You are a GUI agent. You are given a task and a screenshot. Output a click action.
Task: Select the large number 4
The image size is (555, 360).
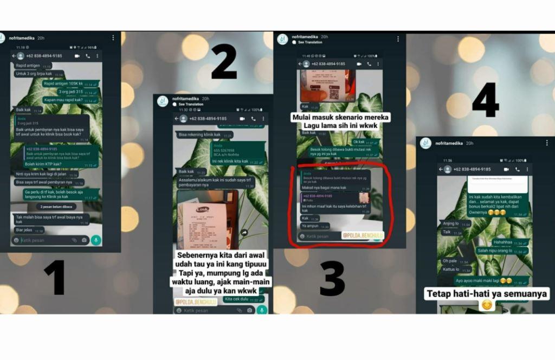pyautogui.click(x=485, y=99)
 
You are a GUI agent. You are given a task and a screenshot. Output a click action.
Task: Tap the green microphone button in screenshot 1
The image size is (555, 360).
pyautogui.click(x=96, y=240)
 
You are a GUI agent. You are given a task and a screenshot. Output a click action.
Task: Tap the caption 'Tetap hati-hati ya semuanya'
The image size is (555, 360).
pyautogui.click(x=486, y=294)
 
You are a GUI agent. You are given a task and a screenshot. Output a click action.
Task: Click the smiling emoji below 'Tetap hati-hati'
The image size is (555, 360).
pyautogui.click(x=486, y=305)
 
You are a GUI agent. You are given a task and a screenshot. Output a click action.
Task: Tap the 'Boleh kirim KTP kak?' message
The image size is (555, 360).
pyautogui.click(x=43, y=164)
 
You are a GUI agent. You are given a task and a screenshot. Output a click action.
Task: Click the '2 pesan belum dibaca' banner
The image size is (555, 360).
pyautogui.click(x=57, y=207)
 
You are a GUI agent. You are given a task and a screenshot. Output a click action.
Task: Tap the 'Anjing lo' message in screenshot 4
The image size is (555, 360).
pyautogui.click(x=450, y=223)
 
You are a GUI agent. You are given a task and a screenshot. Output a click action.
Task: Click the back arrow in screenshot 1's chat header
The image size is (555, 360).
pyautogui.click(x=14, y=56)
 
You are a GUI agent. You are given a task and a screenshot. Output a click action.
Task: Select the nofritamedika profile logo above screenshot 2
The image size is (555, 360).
pyautogui.click(x=162, y=101)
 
